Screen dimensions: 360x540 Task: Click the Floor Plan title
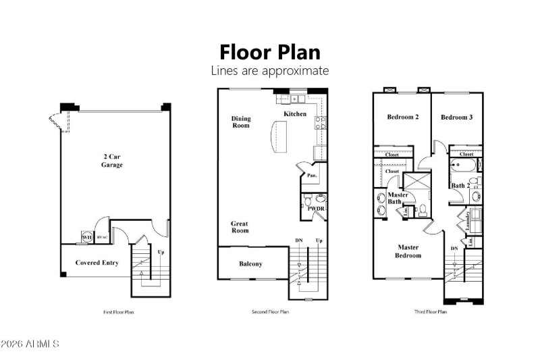(269, 52)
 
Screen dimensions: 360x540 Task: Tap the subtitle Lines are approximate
(269, 70)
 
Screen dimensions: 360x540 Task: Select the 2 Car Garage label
(112, 160)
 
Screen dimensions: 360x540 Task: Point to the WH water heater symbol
(86, 237)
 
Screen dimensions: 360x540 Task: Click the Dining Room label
(241, 122)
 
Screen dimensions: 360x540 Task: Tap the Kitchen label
(295, 113)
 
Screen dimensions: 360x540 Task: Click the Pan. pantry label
(312, 175)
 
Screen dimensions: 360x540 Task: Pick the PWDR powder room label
(316, 209)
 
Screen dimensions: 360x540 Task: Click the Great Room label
(240, 227)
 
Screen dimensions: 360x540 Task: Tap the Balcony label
(250, 264)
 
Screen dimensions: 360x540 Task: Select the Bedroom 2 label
(402, 118)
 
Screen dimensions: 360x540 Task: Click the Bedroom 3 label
(456, 118)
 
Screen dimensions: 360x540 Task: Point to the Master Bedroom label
(408, 251)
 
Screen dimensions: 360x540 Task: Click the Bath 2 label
(460, 185)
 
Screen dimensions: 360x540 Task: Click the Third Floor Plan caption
(430, 312)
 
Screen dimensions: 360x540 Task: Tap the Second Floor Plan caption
(269, 312)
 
